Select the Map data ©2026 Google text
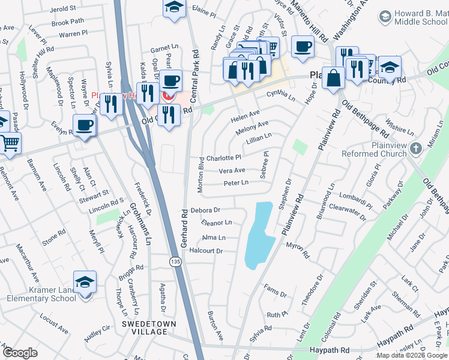[x=412, y=355]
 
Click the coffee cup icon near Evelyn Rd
[x=84, y=125]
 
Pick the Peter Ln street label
[x=236, y=183]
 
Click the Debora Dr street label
[x=206, y=211]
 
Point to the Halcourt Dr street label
[x=206, y=251]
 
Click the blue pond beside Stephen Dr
[x=259, y=233]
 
